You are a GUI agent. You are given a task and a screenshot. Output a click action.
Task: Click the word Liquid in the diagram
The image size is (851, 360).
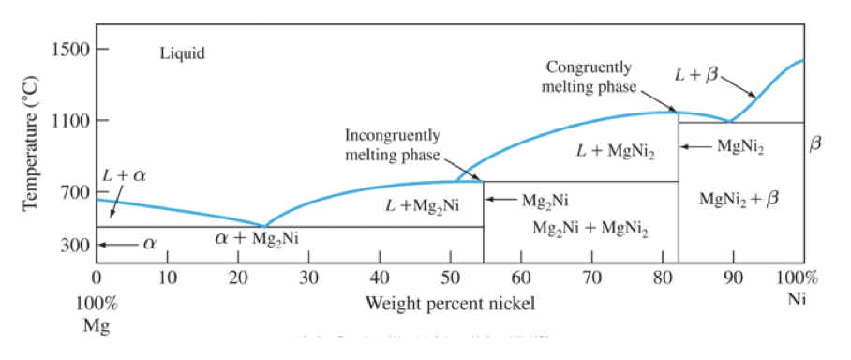(x=183, y=53)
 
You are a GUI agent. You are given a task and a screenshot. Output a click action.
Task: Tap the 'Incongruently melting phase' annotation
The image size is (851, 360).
(x=392, y=144)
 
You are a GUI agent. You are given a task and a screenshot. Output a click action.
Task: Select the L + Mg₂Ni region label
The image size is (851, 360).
(x=422, y=205)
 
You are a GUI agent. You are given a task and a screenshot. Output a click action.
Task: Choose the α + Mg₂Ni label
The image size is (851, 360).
(x=256, y=238)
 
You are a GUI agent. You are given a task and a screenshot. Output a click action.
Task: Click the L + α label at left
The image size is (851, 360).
(x=124, y=175)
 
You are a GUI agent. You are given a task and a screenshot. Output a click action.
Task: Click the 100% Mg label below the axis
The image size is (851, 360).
(x=97, y=314)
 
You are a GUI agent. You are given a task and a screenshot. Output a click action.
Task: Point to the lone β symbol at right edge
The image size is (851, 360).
(x=814, y=145)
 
